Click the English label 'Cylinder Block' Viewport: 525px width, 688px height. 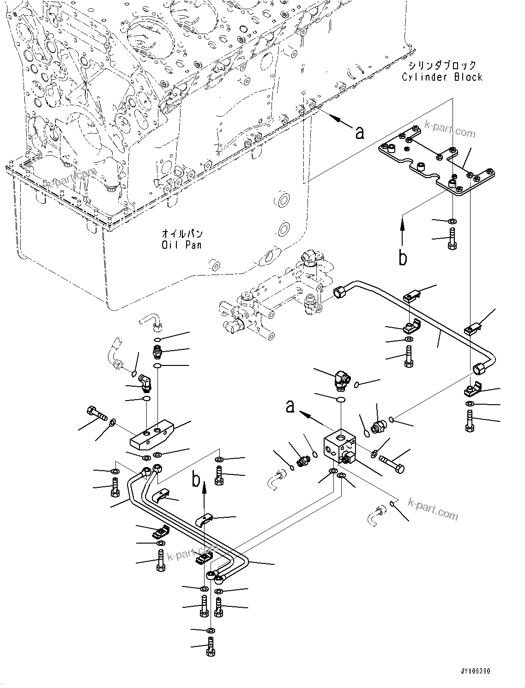click(442, 77)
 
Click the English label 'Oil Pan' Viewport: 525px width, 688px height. click(181, 245)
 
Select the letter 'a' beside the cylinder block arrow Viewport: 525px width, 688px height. click(360, 133)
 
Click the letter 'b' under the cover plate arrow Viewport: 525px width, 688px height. click(403, 258)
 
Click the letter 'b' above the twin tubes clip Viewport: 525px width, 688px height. click(197, 480)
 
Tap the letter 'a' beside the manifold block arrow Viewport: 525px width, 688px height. click(290, 407)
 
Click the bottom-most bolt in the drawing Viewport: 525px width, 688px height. click(211, 646)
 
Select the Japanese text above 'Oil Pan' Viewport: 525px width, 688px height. click(182, 234)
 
